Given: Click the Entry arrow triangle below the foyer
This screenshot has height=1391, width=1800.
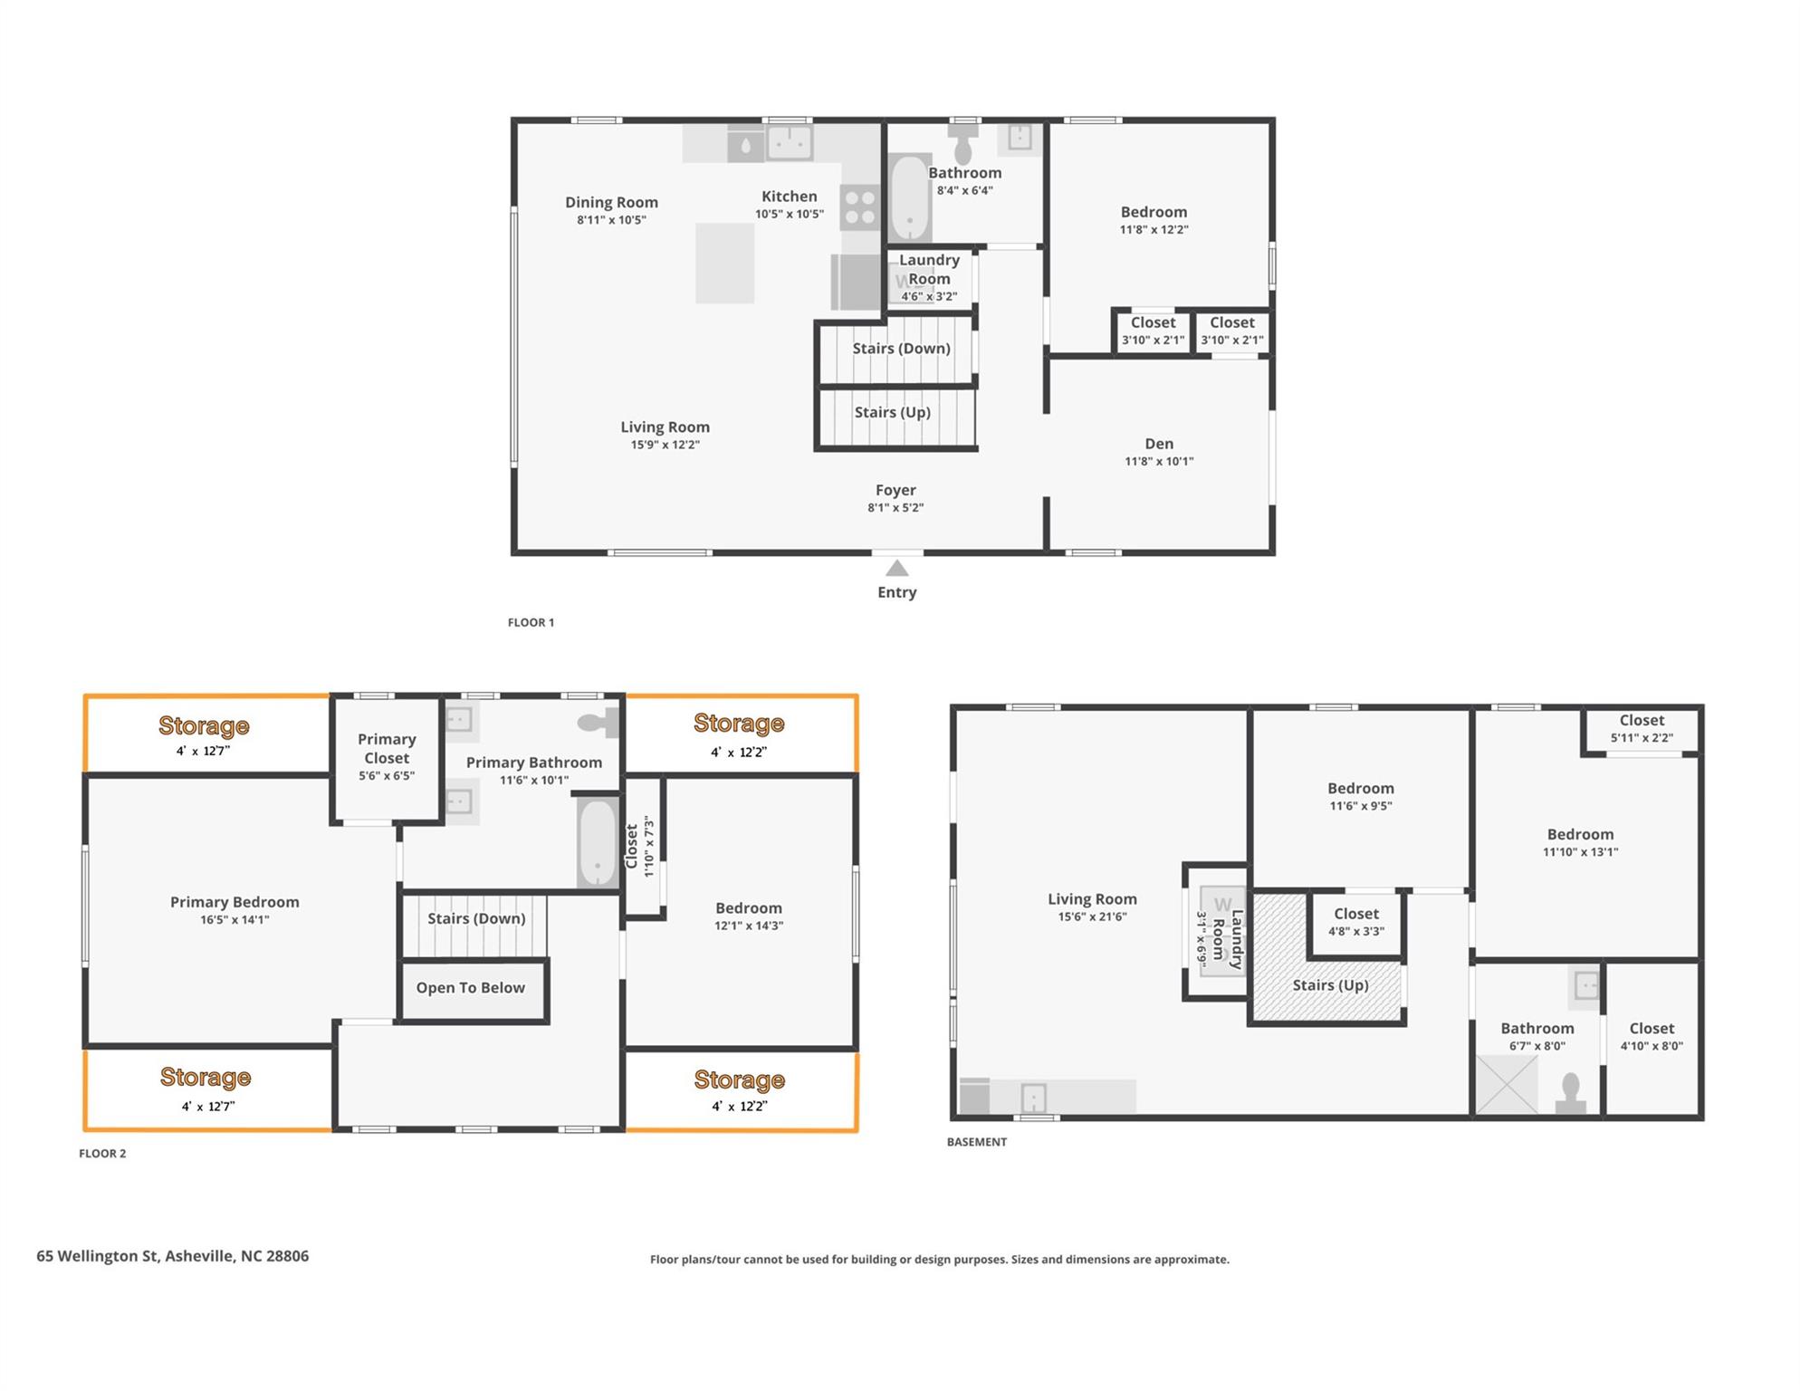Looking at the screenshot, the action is [x=896, y=568].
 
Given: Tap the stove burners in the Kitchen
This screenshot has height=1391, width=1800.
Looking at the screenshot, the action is [x=859, y=207].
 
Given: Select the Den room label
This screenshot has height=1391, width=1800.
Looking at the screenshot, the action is [x=1159, y=444].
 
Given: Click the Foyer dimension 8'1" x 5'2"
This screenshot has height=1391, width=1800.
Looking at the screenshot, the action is [x=895, y=508].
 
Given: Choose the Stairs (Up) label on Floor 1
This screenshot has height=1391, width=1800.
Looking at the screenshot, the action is [x=893, y=412].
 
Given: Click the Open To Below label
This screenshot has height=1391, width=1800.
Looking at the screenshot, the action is [x=471, y=988].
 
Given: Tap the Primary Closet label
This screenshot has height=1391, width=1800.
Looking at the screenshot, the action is [x=387, y=749].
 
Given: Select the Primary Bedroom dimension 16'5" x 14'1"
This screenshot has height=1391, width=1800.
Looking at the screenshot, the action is [x=235, y=920].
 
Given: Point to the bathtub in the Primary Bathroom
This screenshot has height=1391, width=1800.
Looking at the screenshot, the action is [x=598, y=843].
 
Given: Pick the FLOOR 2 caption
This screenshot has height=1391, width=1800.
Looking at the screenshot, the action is [x=102, y=1154].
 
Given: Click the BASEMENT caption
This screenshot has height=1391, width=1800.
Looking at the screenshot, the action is [x=977, y=1142].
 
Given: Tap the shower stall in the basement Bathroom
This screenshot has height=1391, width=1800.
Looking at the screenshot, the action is [x=1507, y=1085].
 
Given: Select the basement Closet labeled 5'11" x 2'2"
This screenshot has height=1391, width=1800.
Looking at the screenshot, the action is [x=1642, y=728].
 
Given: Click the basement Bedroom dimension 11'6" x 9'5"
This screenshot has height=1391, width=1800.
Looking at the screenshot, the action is [x=1361, y=806].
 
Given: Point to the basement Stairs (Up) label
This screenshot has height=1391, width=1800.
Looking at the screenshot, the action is [x=1330, y=985].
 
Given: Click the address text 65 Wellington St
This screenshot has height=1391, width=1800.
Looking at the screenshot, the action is [x=98, y=1256].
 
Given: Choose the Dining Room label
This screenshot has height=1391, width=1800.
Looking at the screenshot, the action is [x=611, y=203].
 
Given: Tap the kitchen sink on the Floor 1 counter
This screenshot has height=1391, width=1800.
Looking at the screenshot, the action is [x=790, y=142].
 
